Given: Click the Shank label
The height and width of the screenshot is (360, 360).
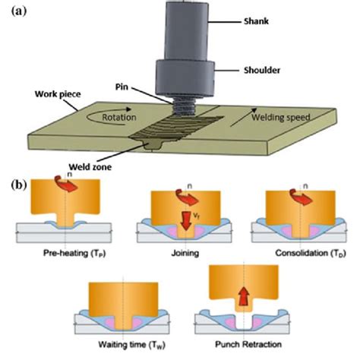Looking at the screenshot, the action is pos(256,21).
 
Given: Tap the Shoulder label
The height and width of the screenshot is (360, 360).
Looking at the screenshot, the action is pos(262,70).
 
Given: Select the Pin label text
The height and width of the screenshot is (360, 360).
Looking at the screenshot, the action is pos(122,87).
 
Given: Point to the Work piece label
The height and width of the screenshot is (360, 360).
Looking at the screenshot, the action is pos(58,94).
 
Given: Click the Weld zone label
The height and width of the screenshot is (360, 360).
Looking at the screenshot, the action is pos(90,167).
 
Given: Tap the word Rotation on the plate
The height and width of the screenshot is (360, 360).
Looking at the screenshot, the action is pos(119,118).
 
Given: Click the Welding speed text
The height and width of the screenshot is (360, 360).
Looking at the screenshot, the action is pos(281,118).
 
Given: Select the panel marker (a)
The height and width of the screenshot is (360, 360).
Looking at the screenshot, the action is pos(19,11).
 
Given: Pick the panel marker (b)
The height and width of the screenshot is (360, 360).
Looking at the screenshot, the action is pos(19,185).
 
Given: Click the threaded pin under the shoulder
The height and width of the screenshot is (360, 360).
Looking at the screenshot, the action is pos(184,107).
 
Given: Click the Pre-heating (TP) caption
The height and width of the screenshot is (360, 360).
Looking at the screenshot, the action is pos(74,253).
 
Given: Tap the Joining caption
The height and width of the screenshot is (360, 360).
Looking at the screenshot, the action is pos(185,253).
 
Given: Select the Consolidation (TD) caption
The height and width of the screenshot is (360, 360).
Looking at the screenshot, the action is pos(311,253).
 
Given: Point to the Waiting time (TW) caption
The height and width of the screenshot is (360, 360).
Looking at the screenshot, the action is pos(131,345).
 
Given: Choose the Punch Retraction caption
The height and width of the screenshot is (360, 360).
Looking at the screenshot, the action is pos(248,344).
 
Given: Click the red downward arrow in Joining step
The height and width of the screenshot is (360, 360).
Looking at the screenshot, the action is pos(186,221).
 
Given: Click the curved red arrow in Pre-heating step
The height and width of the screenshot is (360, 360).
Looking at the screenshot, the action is pos(66,184).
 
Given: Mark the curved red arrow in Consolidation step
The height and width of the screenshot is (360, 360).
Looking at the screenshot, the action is pos(301,196).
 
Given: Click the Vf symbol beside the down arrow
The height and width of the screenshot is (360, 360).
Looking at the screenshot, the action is pos(196,215).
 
